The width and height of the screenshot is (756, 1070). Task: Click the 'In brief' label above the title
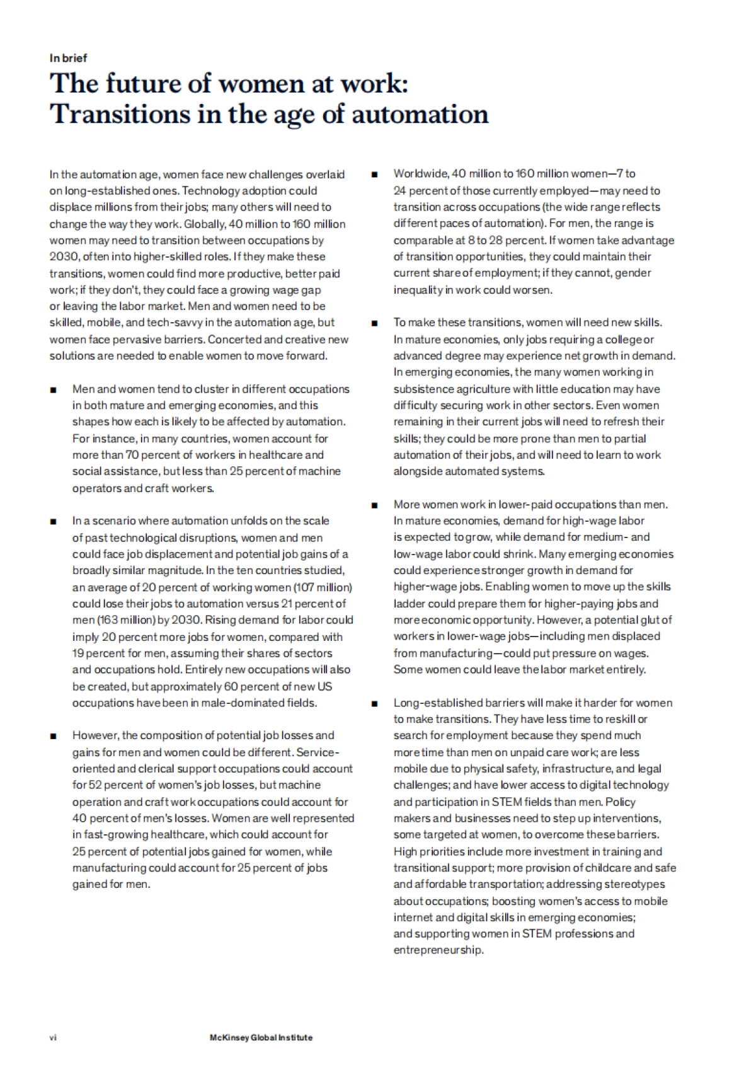pyautogui.click(x=68, y=58)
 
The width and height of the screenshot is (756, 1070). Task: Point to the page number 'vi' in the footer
pyautogui.click(x=53, y=1037)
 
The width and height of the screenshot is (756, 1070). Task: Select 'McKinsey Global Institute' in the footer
pyautogui.click(x=261, y=1037)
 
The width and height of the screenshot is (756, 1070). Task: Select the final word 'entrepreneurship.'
pyautogui.click(x=438, y=950)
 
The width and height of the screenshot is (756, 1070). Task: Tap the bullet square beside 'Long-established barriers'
pyautogui.click(x=375, y=703)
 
